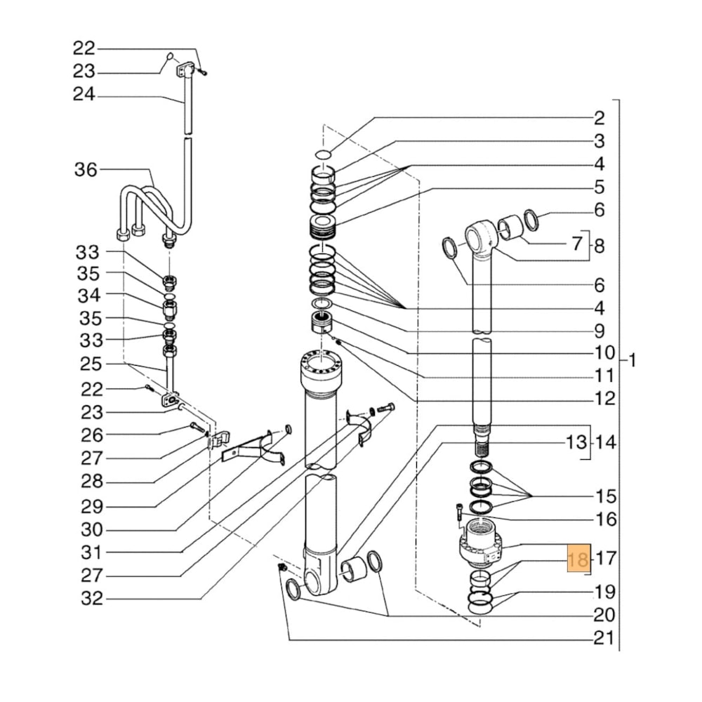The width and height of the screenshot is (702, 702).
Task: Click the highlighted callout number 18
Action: tap(579, 559)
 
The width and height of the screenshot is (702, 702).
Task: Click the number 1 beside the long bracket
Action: tap(632, 362)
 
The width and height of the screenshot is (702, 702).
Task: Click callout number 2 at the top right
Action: tap(598, 117)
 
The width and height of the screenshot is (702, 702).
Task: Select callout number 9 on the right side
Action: tap(598, 330)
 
